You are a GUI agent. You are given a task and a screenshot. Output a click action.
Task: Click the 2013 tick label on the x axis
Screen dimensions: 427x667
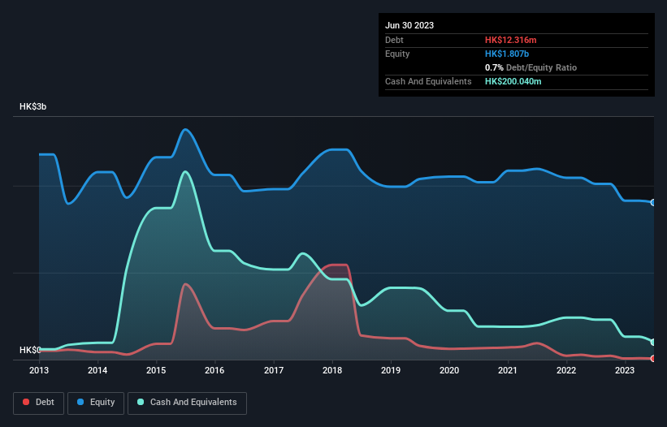tap(39, 371)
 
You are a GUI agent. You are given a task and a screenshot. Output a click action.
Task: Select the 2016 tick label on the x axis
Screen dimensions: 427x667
tap(215, 371)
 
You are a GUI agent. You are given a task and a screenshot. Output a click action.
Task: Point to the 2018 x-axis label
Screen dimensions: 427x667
tap(332, 371)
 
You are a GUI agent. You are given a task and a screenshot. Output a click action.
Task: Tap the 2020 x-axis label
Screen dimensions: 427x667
tap(449, 371)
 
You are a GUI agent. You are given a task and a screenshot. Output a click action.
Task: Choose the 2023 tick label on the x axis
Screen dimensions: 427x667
tap(625, 371)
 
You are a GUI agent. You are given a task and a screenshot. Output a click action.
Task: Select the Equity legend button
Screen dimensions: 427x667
tap(96, 403)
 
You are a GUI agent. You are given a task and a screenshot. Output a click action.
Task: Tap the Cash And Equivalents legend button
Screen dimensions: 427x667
tap(187, 403)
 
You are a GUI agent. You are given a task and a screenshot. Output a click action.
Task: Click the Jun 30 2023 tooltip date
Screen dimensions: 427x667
tap(409, 25)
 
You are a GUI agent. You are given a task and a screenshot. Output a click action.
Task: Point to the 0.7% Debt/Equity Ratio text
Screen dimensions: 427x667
tap(531, 67)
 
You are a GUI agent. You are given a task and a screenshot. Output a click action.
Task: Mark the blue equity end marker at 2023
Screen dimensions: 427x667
tap(653, 202)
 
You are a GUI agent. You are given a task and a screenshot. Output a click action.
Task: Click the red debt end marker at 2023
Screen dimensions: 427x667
tap(653, 358)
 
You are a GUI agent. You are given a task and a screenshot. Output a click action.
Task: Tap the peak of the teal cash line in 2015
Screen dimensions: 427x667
tap(186, 171)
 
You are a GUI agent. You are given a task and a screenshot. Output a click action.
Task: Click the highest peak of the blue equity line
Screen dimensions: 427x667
tap(186, 129)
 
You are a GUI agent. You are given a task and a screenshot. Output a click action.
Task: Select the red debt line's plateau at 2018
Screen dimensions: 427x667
tap(336, 265)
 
